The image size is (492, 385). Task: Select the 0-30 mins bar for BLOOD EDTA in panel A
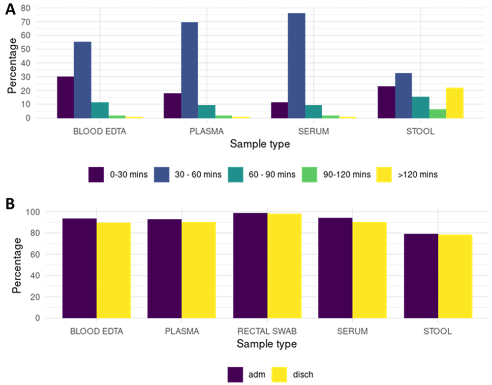[65, 97]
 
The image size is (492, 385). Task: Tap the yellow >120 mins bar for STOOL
[455, 103]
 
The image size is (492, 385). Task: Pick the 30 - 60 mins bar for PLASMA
[189, 70]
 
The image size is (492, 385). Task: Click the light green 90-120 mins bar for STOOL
[437, 114]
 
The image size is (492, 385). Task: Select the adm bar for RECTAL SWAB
[250, 266]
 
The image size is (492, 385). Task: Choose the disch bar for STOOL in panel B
[455, 276]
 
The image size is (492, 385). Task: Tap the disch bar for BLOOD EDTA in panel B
[114, 270]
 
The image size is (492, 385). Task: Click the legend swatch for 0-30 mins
[96, 174]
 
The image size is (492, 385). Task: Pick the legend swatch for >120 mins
[384, 174]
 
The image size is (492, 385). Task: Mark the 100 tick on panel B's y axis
[36, 212]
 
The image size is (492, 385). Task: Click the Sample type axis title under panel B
[266, 344]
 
